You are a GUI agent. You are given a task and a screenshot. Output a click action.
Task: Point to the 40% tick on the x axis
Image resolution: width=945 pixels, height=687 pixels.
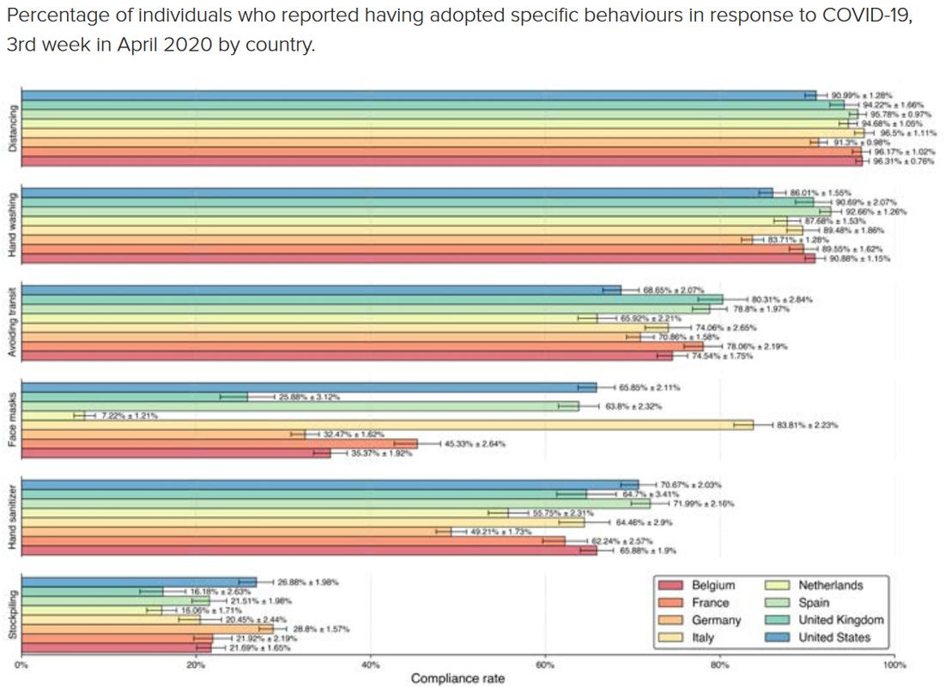coord(371,665)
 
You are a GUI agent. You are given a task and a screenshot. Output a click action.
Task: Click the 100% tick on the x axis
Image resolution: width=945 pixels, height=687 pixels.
coord(893,665)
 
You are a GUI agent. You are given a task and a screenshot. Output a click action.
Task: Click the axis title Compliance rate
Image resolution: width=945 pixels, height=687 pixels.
coord(457,679)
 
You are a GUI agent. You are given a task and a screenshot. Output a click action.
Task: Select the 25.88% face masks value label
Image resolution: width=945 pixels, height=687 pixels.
coord(308,397)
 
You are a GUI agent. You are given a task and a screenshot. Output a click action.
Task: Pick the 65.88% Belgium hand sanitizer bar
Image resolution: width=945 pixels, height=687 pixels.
coord(309,550)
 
